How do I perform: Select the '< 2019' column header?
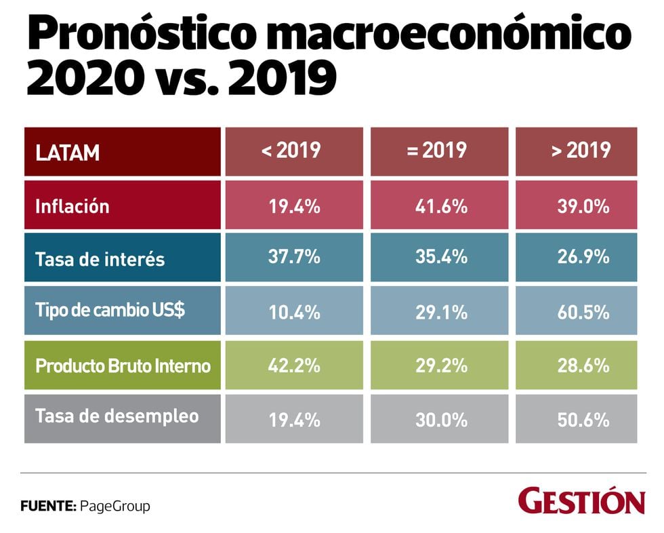pos(291,151)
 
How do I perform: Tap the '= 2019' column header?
pos(438,151)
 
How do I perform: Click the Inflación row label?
pos(122,205)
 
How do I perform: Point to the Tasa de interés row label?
pos(122,258)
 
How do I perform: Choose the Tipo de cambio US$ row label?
pos(122,310)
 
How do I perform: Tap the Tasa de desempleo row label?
pos(122,416)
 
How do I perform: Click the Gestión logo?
pos(581,502)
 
